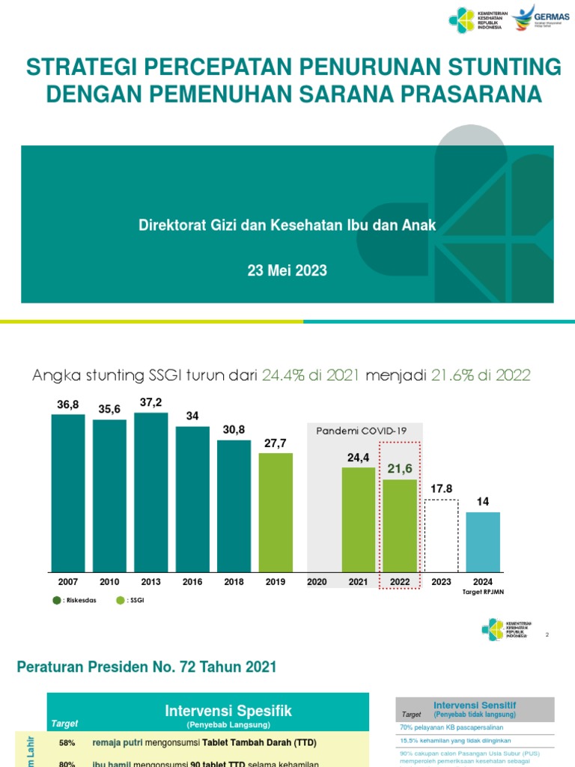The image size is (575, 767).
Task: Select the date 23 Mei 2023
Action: tap(287, 270)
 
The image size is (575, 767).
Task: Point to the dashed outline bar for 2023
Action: tap(441, 535)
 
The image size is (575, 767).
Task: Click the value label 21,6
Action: tap(400, 468)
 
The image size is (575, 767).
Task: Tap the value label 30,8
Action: tap(234, 429)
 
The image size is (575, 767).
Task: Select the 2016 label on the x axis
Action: tap(192, 582)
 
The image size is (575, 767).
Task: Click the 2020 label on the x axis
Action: tap(317, 582)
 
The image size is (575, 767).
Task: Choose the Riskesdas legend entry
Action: tap(74, 600)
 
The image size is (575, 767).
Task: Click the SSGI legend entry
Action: tap(130, 600)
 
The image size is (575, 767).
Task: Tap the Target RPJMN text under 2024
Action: tap(483, 592)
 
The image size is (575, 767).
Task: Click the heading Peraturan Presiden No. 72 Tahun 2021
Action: tap(147, 667)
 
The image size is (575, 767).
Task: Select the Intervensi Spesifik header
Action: tap(228, 711)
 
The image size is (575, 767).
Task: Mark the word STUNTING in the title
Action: tap(494, 67)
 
